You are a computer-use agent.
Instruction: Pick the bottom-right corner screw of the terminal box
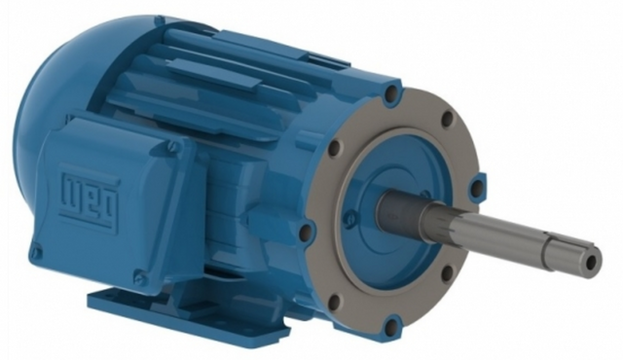click(138, 274)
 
